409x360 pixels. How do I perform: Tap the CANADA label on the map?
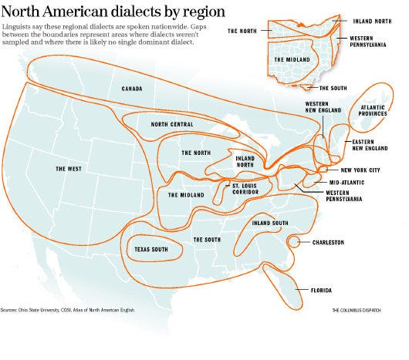(132, 89)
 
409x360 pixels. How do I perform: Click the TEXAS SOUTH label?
(151, 250)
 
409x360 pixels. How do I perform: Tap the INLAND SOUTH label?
(270, 224)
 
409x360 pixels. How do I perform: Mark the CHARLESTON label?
(329, 242)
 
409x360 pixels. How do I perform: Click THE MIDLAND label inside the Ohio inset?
(288, 59)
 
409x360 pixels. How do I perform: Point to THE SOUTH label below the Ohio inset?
(333, 88)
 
